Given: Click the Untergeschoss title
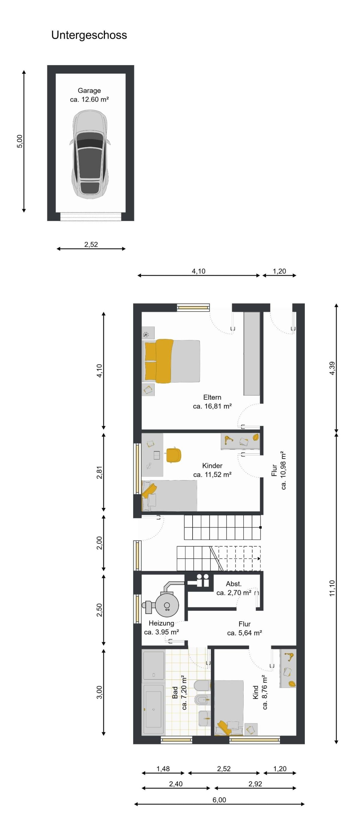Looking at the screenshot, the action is point(89,35).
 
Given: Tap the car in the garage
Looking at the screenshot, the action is point(89,154).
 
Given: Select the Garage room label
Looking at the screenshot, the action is point(89,91).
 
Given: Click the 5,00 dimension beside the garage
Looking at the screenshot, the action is point(20,141).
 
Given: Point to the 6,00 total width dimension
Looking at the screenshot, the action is point(219,800).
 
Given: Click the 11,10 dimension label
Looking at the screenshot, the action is point(332,588).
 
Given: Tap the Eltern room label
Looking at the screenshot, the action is point(212,397).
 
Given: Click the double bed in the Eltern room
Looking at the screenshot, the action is point(171,361).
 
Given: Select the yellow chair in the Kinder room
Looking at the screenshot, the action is point(173,455).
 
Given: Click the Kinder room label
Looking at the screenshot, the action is point(212,466).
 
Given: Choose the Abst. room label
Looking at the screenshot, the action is point(234,584).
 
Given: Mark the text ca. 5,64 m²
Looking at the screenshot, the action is point(245,633).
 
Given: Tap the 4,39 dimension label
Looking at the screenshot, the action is point(332,369).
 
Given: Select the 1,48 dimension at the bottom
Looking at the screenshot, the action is point(163,769).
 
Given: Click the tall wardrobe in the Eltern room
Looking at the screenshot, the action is point(252,354).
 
